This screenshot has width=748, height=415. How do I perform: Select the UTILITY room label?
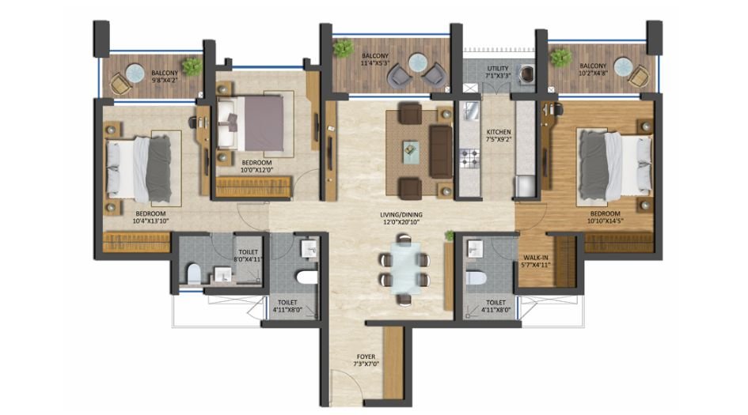(499, 72)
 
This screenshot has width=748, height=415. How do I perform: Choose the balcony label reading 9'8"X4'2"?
(164, 76)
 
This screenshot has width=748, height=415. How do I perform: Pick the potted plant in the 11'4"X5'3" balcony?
(344, 50)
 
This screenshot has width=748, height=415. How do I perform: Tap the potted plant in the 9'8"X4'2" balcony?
(192, 66)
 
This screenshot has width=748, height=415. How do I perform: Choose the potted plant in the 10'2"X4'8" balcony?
(561, 58)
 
